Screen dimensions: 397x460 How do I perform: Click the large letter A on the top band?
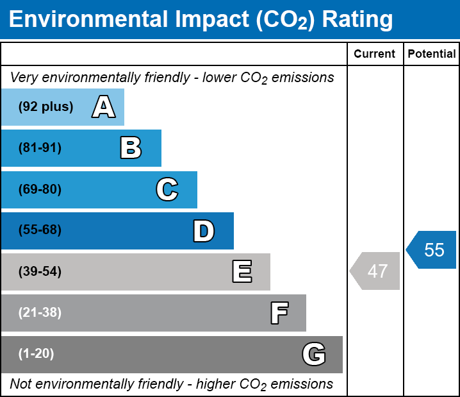(104, 107)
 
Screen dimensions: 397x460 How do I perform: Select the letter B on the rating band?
(131, 148)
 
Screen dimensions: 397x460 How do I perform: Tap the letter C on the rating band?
(167, 190)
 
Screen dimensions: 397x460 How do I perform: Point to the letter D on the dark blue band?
(204, 231)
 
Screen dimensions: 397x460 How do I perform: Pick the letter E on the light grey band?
(242, 272)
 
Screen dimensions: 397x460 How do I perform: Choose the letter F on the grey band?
(279, 313)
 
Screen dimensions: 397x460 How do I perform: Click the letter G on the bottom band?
(314, 354)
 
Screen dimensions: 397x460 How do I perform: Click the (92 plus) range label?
(45, 107)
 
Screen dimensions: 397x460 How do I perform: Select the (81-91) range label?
(40, 148)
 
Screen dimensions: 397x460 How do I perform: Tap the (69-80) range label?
(40, 190)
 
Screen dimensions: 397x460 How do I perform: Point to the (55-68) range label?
(40, 230)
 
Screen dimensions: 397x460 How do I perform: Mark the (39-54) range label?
(40, 272)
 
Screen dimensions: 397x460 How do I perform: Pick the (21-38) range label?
(40, 313)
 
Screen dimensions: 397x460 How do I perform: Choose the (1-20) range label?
(36, 354)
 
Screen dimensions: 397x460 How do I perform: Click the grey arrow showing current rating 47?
(376, 271)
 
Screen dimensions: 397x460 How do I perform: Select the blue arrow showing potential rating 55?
(432, 249)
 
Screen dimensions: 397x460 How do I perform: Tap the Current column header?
(375, 55)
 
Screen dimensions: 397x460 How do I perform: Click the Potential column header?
(432, 55)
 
